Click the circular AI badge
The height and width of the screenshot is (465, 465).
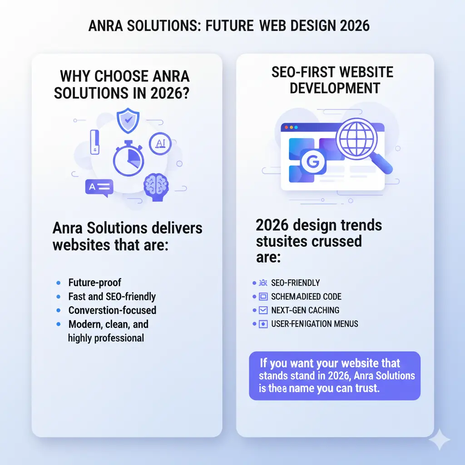pos(160,143)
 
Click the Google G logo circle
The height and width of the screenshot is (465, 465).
pos(311,161)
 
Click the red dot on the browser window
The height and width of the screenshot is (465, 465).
pos(286,128)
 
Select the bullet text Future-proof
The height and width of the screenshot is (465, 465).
pos(95,282)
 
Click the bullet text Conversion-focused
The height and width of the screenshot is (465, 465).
pos(112,310)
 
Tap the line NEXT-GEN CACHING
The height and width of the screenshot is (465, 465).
pos(305,310)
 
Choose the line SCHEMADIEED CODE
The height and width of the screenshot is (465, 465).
pos(306,297)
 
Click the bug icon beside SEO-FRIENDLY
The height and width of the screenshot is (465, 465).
pos(263,282)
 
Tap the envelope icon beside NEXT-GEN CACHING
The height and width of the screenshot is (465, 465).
pos(263,310)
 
